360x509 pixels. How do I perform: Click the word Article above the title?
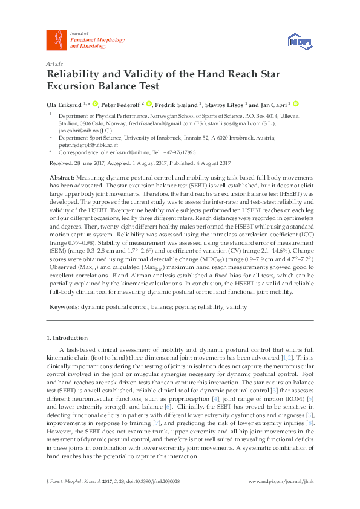pyautogui.click(x=54, y=63)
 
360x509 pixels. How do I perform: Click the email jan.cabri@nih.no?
pyautogui.click(x=77, y=129)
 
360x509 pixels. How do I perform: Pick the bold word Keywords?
pyautogui.click(x=63, y=307)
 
